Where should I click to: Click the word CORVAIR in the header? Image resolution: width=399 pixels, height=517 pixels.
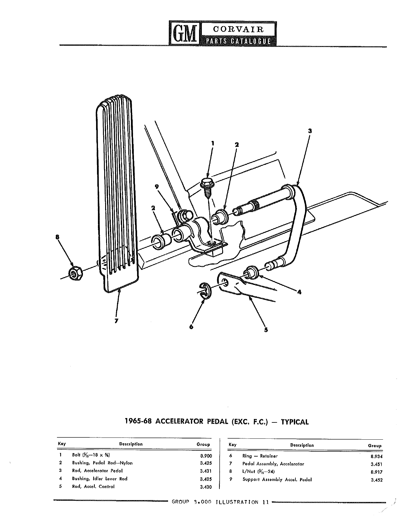click(x=238, y=29)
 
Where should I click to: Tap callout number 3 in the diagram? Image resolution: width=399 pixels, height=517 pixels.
click(x=310, y=131)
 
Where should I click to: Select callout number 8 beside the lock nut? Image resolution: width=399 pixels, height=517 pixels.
click(x=57, y=237)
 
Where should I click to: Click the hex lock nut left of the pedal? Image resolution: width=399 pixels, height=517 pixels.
click(x=75, y=274)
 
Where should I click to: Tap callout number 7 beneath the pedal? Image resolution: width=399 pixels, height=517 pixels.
click(x=116, y=321)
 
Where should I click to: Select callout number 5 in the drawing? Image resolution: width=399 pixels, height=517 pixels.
click(x=266, y=330)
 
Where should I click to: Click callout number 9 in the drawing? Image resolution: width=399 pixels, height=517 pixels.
click(x=156, y=187)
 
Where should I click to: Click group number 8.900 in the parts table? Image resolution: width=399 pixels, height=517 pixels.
click(x=206, y=456)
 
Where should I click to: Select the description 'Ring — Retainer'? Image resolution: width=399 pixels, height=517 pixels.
click(x=260, y=456)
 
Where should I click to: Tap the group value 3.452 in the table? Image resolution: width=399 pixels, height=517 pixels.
click(x=377, y=480)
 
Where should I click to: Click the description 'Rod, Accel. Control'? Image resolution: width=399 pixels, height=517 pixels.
click(x=93, y=487)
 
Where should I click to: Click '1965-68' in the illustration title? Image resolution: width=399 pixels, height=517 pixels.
click(x=138, y=421)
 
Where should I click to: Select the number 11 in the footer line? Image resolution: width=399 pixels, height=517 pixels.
click(x=266, y=502)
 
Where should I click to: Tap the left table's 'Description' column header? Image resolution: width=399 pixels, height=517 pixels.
click(x=131, y=444)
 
